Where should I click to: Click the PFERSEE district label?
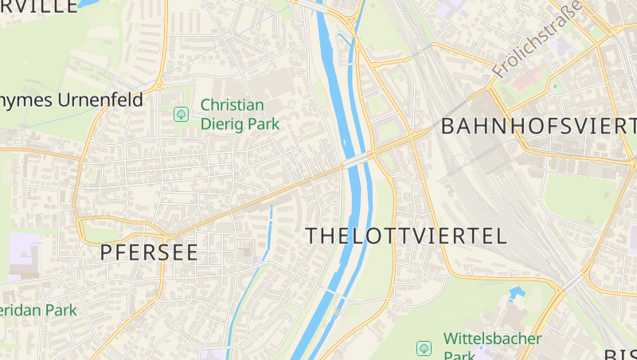click(149, 252)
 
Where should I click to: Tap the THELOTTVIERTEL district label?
click(406, 236)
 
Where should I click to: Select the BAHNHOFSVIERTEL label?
click(538, 126)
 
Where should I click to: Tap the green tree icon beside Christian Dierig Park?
click(182, 115)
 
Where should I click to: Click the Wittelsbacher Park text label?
click(492, 347)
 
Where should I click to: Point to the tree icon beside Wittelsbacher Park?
click(424, 348)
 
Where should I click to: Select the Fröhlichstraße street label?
click(537, 39)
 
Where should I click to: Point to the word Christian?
click(233, 104)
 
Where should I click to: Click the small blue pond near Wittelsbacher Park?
click(518, 293)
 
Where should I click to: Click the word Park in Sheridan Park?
click(60, 310)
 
